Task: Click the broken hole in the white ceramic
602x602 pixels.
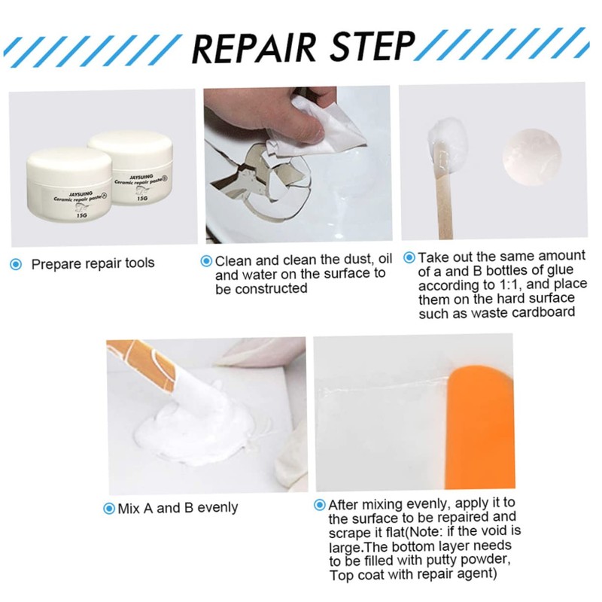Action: pyautogui.click(x=248, y=181)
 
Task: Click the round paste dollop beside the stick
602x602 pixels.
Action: pyautogui.click(x=531, y=154)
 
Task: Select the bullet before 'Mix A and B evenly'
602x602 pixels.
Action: pyautogui.click(x=110, y=508)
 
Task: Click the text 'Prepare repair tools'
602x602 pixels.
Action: pyautogui.click(x=93, y=264)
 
